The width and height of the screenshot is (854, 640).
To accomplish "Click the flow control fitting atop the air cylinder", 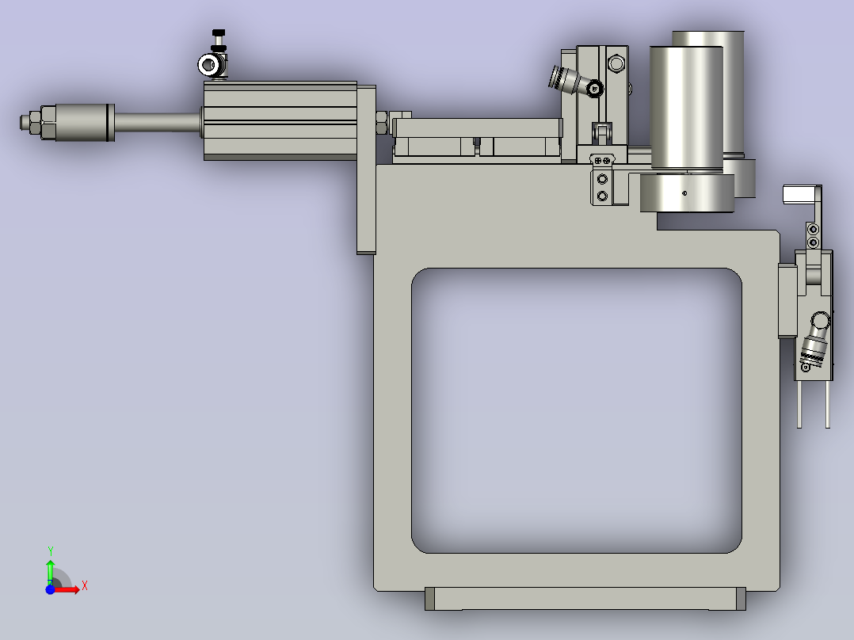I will point(212,65).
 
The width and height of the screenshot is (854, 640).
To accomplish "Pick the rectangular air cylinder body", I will point(281,121).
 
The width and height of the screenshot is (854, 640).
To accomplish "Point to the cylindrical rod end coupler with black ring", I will point(79,123).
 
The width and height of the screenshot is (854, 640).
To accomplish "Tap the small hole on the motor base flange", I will point(685,192).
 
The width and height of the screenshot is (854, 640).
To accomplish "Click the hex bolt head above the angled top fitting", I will point(616,62).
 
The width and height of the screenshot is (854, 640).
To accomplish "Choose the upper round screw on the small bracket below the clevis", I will point(603,180).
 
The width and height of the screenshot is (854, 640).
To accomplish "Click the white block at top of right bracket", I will point(799,194).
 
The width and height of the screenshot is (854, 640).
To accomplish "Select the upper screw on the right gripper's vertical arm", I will point(812,230).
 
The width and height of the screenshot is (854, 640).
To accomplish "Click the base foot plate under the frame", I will point(585,599).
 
